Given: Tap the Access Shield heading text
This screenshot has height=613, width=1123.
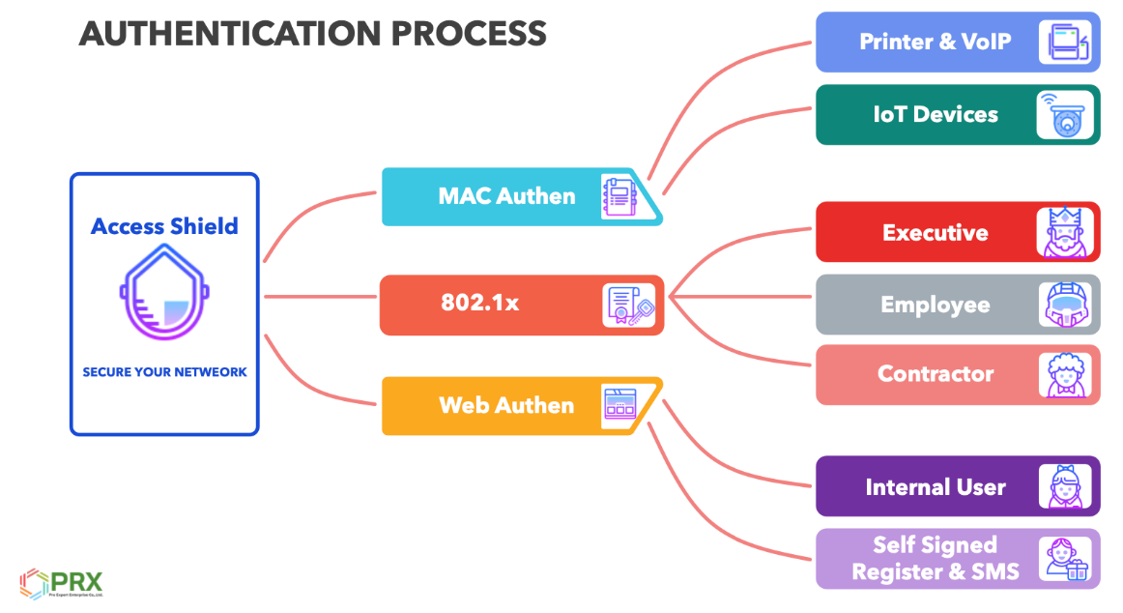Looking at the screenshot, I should (164, 226).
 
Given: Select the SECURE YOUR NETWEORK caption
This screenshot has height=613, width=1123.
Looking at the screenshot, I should (164, 371).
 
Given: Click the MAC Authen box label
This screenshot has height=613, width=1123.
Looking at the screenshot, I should (506, 196).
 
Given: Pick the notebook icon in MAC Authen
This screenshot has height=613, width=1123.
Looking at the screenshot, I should (619, 196).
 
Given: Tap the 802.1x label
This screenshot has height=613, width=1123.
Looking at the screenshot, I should (480, 303).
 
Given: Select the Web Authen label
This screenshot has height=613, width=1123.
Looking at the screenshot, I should (506, 405).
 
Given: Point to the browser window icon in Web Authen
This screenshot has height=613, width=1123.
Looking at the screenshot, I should (619, 403).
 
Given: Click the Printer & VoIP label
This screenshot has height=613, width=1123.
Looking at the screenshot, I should (935, 42).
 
